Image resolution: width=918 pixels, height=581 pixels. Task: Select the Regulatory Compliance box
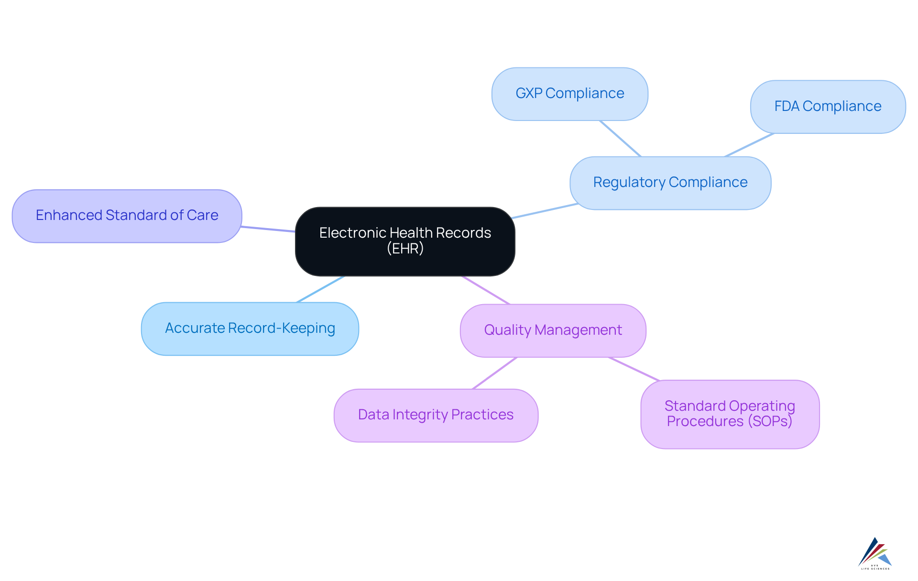click(670, 183)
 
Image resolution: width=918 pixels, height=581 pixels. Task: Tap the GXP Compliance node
click(569, 94)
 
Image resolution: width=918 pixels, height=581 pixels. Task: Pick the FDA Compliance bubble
click(828, 107)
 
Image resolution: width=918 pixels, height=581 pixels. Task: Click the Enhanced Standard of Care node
click(127, 216)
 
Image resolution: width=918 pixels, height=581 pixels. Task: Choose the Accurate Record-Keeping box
click(250, 329)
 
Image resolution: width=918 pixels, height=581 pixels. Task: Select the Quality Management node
click(553, 330)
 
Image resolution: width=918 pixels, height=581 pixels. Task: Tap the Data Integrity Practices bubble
click(436, 415)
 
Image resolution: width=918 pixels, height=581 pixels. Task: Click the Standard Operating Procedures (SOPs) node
click(730, 414)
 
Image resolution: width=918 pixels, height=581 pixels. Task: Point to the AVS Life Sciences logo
click(875, 554)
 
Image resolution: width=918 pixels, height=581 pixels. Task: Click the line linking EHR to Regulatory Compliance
click(545, 211)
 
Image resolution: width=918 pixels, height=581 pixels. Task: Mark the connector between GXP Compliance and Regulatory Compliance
click(620, 138)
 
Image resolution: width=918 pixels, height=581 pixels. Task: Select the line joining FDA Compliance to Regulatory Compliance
click(749, 145)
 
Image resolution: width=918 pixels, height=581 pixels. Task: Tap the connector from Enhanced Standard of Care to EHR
click(268, 229)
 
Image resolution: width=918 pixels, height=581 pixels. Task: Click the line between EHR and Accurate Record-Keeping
click(320, 289)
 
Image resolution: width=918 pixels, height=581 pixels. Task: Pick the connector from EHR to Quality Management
click(486, 290)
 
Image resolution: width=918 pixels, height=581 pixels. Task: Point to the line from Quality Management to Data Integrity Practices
click(494, 373)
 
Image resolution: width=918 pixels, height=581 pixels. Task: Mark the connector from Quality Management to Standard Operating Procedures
click(634, 369)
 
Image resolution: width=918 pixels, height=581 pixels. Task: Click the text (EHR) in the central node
click(405, 249)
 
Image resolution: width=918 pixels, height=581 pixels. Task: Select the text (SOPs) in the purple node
click(770, 421)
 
